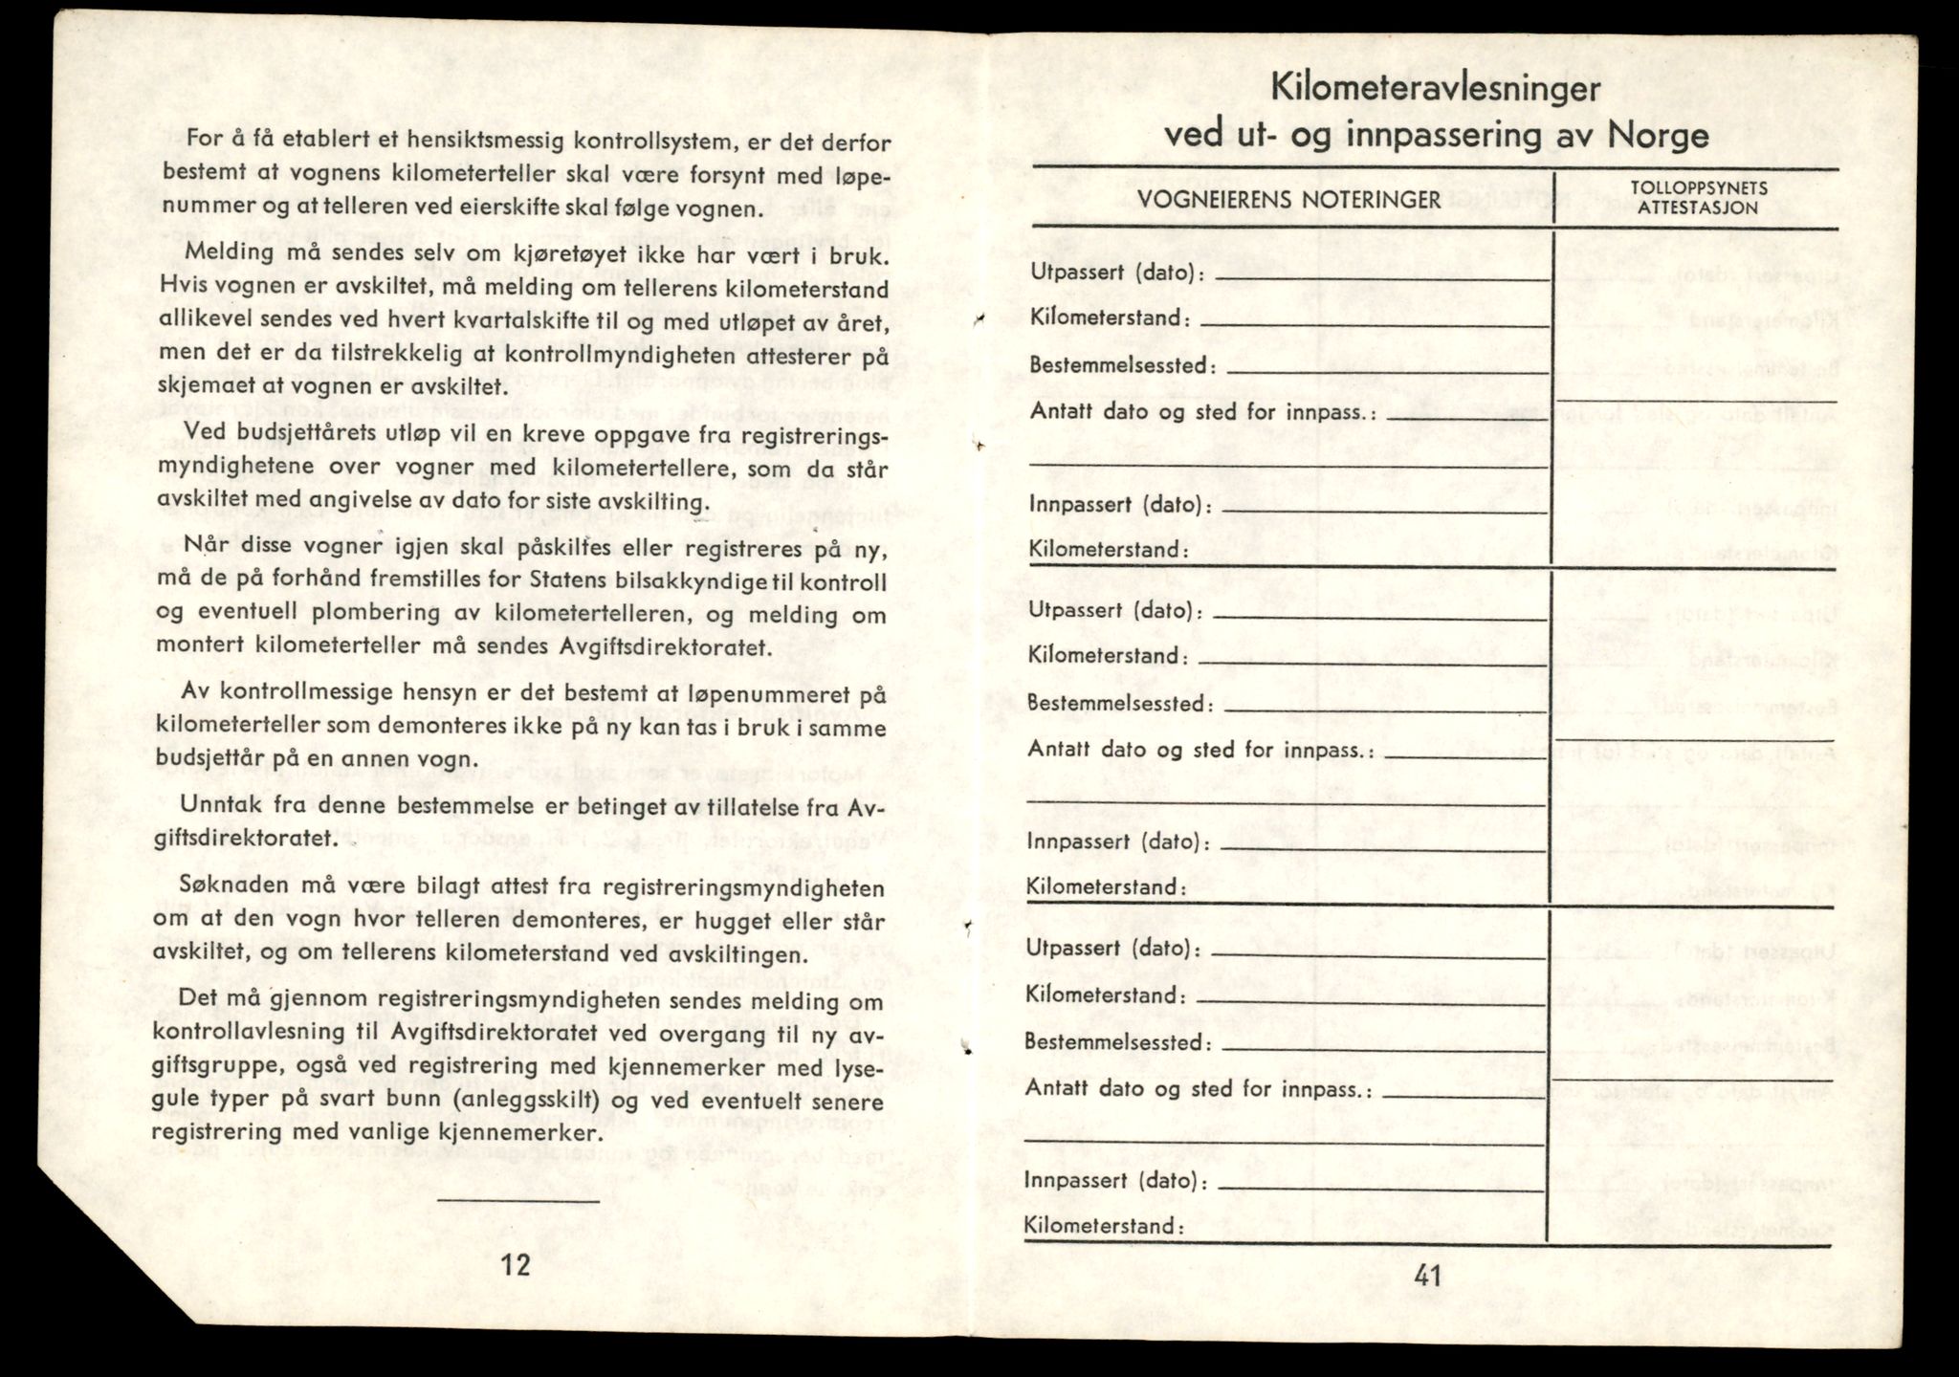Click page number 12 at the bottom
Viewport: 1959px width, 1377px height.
[516, 1264]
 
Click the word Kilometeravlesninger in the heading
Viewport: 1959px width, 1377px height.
[1436, 89]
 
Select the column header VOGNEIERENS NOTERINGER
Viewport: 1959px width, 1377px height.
[1288, 199]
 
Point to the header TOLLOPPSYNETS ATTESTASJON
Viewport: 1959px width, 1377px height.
[1696, 197]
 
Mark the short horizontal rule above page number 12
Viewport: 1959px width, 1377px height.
[518, 1200]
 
